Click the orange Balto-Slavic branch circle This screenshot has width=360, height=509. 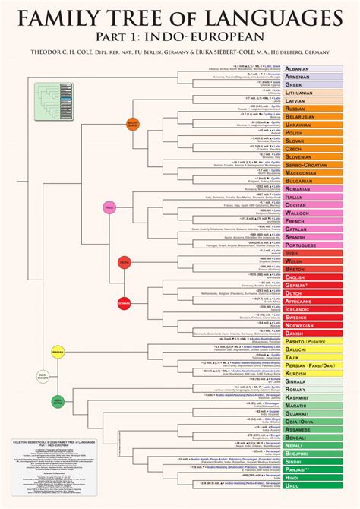(x=132, y=123)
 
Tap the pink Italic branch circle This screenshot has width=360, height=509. (x=109, y=207)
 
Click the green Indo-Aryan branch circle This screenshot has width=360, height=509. (x=58, y=400)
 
